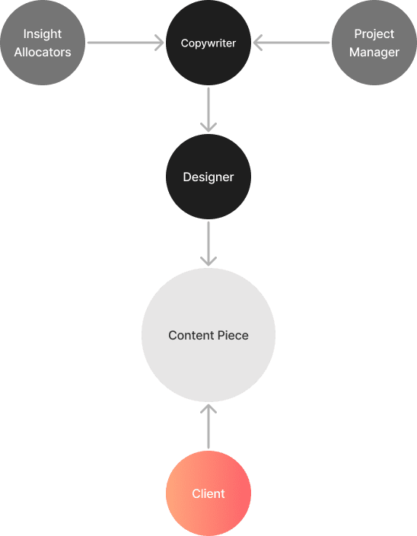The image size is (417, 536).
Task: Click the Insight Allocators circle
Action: (43, 43)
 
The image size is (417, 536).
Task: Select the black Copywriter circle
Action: (208, 43)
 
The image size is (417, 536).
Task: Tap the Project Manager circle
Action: (374, 43)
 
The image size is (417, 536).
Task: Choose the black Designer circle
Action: (208, 177)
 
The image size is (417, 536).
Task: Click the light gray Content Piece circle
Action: (208, 335)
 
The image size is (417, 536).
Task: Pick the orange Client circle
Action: (208, 493)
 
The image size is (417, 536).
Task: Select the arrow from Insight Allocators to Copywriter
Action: (126, 43)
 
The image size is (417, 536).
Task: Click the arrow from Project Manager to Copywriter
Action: (291, 43)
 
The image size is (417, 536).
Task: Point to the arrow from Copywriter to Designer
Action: (208, 110)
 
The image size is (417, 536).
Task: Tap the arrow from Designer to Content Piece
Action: (208, 244)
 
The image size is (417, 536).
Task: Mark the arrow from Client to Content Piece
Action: (208, 426)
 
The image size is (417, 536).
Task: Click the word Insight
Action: (43, 33)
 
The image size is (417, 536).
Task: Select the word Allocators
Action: (43, 52)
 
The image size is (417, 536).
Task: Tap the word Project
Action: (374, 33)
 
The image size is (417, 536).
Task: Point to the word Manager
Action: (374, 53)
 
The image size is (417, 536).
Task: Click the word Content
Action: (191, 335)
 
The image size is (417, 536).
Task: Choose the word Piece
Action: (233, 335)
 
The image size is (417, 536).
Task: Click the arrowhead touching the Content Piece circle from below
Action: (208, 408)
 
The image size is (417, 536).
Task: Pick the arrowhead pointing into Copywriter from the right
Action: (257, 43)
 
